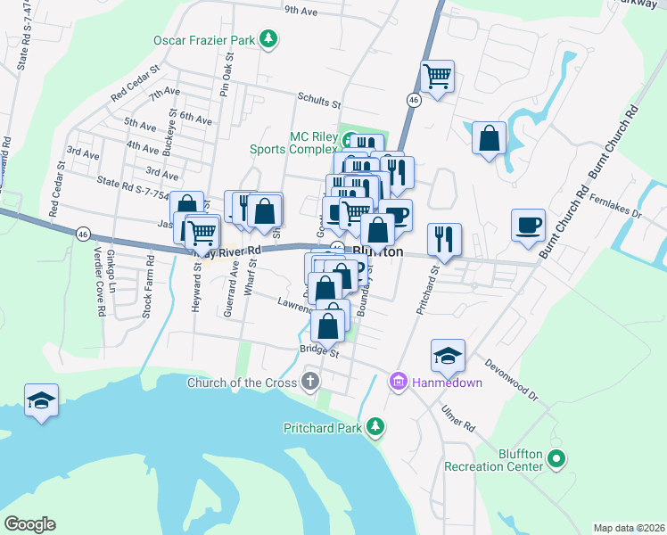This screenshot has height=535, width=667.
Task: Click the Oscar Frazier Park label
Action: click(x=204, y=40)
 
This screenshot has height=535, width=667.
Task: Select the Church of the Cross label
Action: click(x=241, y=383)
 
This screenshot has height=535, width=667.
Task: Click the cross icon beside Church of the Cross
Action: click(x=310, y=383)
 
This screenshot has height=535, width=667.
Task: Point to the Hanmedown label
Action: click(x=446, y=383)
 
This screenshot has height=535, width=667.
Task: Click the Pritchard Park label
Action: click(x=322, y=428)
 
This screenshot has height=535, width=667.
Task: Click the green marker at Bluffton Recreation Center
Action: click(x=557, y=460)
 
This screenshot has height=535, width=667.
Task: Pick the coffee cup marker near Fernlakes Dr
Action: click(x=528, y=224)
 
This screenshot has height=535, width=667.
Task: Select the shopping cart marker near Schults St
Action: click(x=437, y=77)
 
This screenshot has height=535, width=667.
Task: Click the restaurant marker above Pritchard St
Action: click(x=444, y=238)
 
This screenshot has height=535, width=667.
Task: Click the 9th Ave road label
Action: click(x=301, y=12)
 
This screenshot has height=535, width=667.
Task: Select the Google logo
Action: click(x=29, y=523)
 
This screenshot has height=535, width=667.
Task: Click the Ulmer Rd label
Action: click(x=458, y=418)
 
